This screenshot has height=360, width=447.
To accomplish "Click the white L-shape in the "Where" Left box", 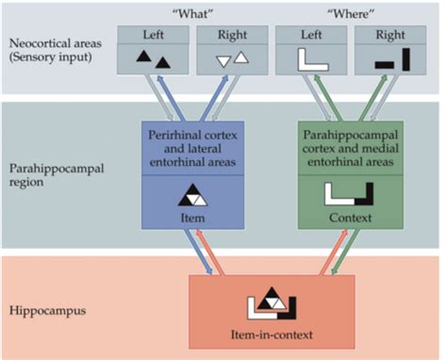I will coord(306,61).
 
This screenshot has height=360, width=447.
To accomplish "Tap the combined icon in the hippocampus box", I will coord(271,303).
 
